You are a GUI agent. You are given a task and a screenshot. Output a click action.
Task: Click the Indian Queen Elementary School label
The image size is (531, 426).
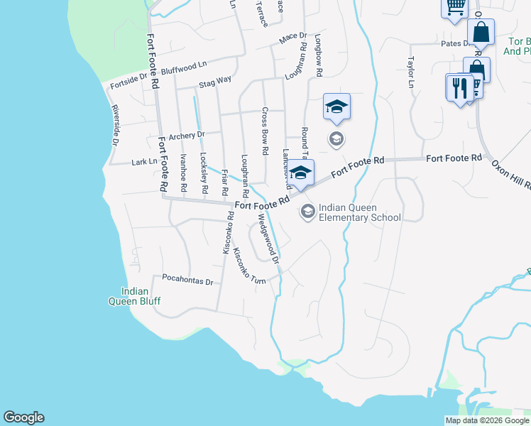pyautogui.click(x=360, y=213)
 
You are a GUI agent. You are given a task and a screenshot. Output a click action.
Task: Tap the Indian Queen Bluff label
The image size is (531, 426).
pyautogui.click(x=135, y=296)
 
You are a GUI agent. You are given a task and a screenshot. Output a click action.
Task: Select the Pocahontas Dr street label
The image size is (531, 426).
pyautogui.click(x=187, y=280)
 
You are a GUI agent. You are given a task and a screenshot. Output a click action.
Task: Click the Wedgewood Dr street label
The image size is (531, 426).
pyautogui.click(x=268, y=240)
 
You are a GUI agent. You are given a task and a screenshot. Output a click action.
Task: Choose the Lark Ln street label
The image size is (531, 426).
pyautogui.click(x=144, y=162)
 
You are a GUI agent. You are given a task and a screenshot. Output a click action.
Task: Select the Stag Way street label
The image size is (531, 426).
pyautogui.click(x=215, y=81)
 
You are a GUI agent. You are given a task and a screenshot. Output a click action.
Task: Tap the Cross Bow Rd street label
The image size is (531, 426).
pyautogui.click(x=264, y=131)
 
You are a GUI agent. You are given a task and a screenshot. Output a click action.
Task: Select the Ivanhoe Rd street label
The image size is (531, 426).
pyautogui.click(x=182, y=173)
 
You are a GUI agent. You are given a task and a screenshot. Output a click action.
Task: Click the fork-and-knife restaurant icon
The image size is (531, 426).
pyautogui.click(x=459, y=88)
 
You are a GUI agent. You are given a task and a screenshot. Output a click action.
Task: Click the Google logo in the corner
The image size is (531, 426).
pyautogui.click(x=23, y=417)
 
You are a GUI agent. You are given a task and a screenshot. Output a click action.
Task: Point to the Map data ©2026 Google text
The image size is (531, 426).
pyautogui.click(x=486, y=420)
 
